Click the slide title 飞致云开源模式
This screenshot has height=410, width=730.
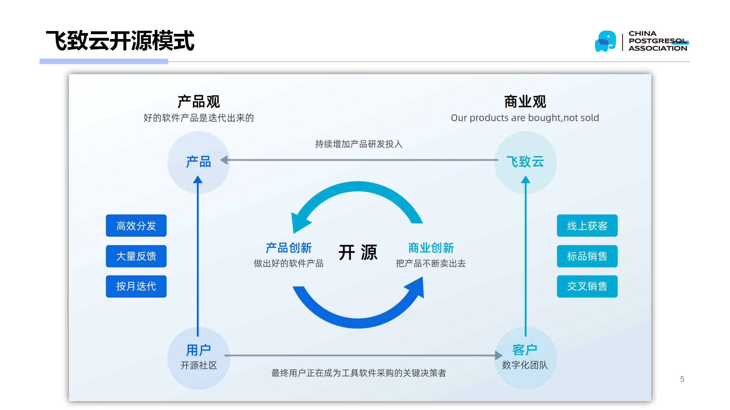tap(120, 41)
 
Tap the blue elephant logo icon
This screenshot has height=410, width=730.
tap(605, 41)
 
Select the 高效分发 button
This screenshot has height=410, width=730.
tap(136, 225)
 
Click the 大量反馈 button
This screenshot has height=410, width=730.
tap(136, 256)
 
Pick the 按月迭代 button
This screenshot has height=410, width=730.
tap(136, 286)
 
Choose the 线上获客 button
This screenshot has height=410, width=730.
tap(587, 225)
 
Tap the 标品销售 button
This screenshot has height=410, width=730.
tap(587, 256)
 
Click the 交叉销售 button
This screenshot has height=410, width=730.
tap(587, 286)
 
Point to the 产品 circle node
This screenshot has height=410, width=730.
tap(198, 162)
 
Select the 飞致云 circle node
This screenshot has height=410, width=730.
tap(525, 162)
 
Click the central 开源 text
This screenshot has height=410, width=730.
tap(358, 252)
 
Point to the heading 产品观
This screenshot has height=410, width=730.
tap(198, 102)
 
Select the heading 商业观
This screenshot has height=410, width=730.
tap(525, 102)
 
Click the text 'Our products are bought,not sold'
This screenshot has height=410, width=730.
tap(525, 118)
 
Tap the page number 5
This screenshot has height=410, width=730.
tap(682, 379)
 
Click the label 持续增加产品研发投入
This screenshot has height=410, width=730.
tap(359, 144)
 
